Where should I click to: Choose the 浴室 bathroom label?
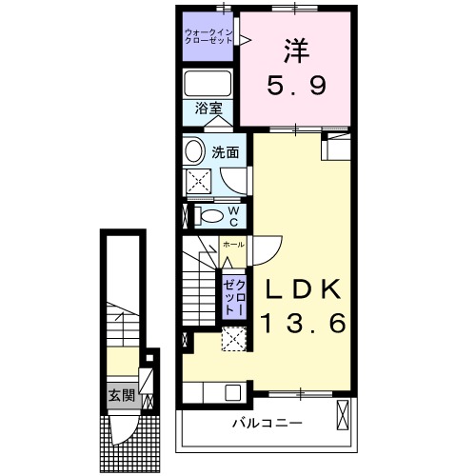point(209,109)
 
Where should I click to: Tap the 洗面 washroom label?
point(225,150)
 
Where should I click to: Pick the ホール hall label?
point(232,246)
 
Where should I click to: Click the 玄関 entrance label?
point(120,394)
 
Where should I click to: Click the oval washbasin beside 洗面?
point(194,150)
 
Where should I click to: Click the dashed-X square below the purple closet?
point(233,339)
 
